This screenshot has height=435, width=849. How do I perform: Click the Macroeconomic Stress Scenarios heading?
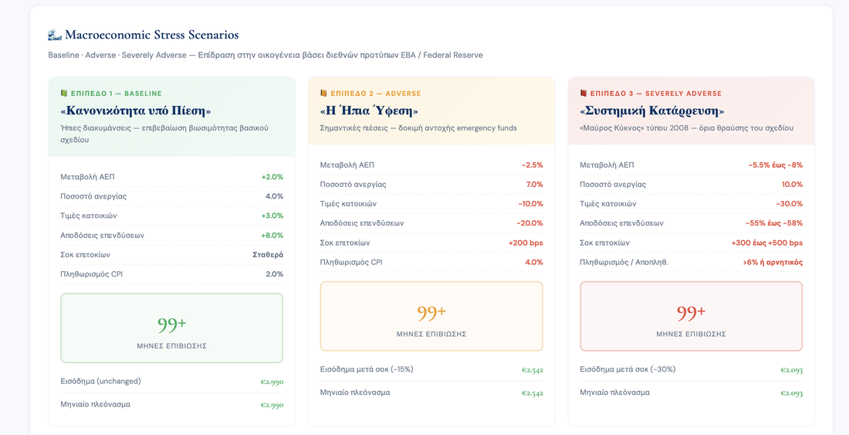(151, 36)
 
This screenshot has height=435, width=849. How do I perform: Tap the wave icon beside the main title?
(55, 36)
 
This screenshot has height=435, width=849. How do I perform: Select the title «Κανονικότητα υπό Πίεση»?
(135, 110)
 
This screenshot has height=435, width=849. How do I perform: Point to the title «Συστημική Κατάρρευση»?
(652, 110)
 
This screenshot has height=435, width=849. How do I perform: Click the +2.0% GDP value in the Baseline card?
(272, 177)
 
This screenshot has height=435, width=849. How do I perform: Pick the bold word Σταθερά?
(268, 255)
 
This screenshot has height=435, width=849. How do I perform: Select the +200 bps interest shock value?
(526, 243)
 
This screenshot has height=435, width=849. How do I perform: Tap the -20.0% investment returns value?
(531, 223)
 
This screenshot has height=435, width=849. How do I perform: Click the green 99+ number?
(171, 324)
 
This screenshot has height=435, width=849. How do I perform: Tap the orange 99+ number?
(431, 312)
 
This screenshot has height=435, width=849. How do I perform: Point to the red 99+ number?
(692, 312)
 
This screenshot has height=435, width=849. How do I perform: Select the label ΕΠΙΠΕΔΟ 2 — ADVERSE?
(375, 93)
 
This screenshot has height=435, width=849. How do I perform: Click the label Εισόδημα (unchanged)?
(100, 382)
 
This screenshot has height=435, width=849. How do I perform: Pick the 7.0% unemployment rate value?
(534, 184)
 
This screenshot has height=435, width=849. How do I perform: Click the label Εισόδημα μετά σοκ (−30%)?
(627, 369)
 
